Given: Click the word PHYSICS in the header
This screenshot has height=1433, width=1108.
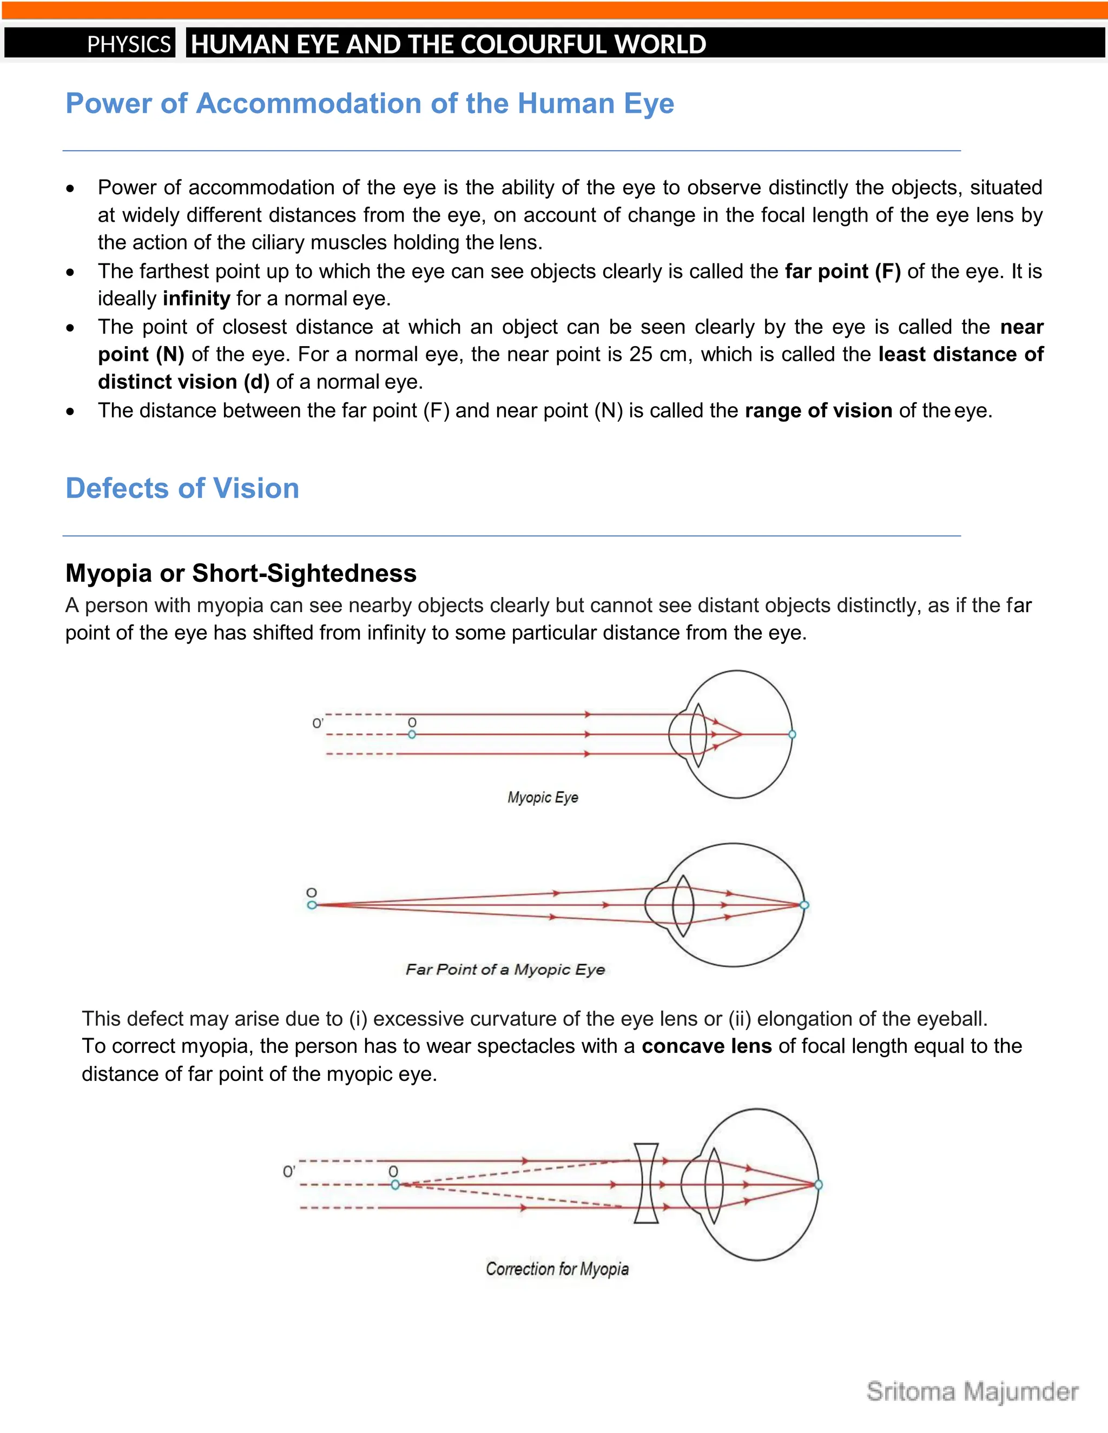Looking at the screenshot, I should point(129,44).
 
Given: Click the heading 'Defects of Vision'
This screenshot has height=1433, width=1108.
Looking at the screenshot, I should point(182,488).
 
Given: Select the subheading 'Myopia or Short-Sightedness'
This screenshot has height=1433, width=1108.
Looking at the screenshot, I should point(240,573).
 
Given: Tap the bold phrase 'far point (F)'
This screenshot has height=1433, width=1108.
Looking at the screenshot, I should point(842,271).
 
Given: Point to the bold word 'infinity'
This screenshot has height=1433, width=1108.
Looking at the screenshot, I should point(196,298).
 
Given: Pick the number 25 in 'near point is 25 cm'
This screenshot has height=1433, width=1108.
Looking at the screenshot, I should point(641,354).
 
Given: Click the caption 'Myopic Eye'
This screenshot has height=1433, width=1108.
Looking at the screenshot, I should point(542,797).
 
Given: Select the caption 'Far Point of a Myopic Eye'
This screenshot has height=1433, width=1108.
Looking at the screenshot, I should point(505,969).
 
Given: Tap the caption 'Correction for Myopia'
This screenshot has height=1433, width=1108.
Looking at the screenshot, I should point(557,1268).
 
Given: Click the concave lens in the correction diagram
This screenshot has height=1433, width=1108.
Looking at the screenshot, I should point(647,1184).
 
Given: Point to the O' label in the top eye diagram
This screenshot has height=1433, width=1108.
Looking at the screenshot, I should point(318,724).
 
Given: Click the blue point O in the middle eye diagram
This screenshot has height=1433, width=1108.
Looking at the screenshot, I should point(312,905).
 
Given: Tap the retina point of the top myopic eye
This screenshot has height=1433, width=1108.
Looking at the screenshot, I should point(792,734).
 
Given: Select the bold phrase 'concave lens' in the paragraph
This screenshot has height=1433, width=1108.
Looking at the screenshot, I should point(706,1046).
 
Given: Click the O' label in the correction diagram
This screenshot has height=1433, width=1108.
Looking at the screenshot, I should point(289,1172).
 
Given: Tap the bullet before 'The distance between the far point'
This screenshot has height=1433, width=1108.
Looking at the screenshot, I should point(71,412).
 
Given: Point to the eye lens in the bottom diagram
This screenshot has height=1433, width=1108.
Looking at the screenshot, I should point(714,1184).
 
